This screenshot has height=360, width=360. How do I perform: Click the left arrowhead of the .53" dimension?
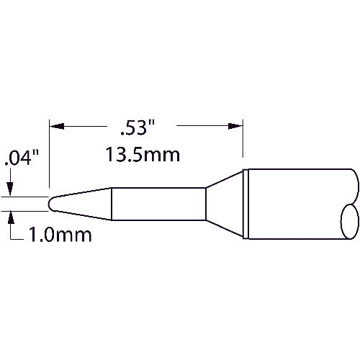click(55, 126)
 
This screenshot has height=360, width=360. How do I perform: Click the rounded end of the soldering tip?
click(52, 204)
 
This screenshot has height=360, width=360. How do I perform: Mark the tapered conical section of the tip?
click(83, 204)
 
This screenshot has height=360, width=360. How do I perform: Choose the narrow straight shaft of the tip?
click(158, 204)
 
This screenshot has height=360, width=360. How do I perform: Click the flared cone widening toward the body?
click(225, 204)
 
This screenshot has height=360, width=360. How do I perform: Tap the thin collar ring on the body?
click(246, 204)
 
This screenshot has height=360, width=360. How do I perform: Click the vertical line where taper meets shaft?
click(111, 204)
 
